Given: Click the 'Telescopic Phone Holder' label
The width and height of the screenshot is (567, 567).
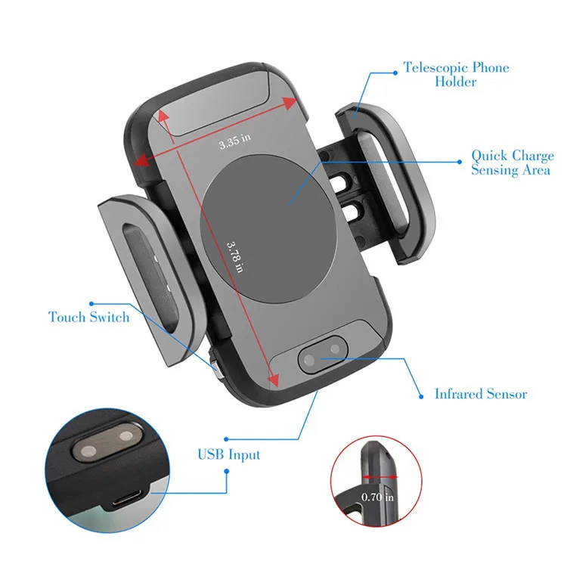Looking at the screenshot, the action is (x=455, y=74).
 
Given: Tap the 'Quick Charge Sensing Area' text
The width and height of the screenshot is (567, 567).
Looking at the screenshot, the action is (x=513, y=163).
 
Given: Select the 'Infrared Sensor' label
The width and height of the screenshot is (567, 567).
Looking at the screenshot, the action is (x=481, y=394).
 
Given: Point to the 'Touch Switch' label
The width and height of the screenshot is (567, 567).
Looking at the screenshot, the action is (x=89, y=317).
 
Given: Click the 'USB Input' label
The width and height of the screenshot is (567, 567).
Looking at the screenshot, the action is (x=228, y=454).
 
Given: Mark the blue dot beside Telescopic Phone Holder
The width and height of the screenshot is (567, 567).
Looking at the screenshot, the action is (x=394, y=73).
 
